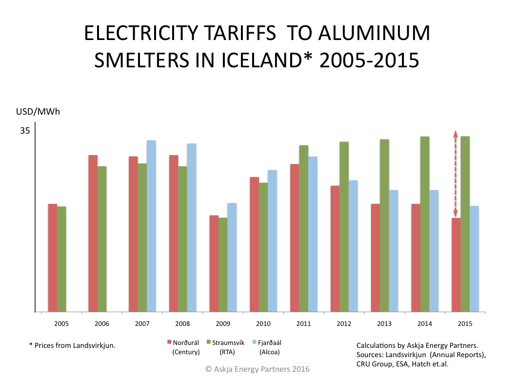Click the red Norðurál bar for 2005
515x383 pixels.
[52, 258]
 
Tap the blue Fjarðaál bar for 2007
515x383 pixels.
[151, 226]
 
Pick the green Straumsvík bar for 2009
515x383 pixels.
[223, 264]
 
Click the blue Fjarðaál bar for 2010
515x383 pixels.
[272, 241]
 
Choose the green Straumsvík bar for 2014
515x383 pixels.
[425, 224]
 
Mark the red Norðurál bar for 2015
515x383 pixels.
[456, 264]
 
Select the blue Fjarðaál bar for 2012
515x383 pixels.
[353, 246]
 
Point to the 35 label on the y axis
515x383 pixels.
[25, 131]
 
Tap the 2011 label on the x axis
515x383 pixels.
[303, 323]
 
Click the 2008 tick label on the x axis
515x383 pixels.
[182, 323]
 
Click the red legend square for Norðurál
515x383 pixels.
[169, 342]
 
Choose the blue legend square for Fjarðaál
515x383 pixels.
[254, 342]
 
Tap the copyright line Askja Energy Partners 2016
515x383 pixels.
[257, 369]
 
